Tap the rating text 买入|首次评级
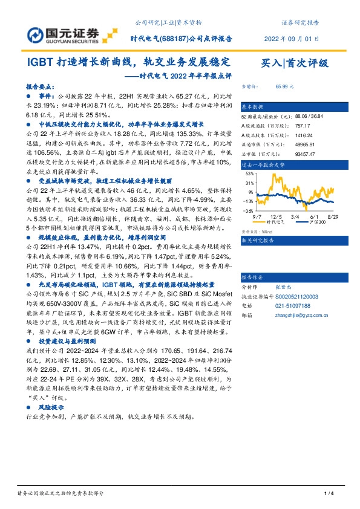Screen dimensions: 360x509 click(x=293, y=62)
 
